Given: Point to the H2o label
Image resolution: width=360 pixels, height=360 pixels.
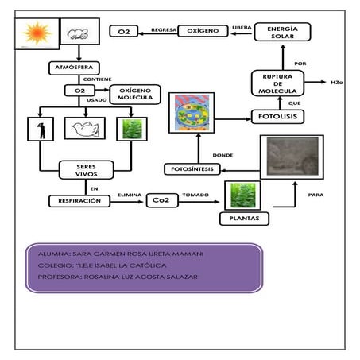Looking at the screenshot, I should point(338,82).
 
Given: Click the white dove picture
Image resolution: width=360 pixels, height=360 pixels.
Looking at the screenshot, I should point(85,129).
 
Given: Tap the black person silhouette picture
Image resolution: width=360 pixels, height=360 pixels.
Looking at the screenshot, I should point(37,129).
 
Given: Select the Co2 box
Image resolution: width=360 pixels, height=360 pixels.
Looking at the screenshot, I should point(161,201).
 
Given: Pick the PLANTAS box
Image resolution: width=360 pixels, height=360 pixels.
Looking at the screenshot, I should point(244,217).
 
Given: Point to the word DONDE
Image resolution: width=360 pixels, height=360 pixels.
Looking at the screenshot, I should point(224,154).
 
